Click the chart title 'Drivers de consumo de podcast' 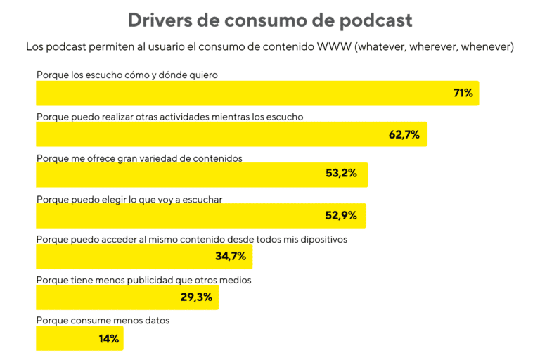270,20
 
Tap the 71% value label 463,93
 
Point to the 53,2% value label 345,174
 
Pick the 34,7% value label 230,256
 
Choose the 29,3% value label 196,297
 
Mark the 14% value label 109,338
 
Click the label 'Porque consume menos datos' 103,321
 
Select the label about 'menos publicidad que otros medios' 143,280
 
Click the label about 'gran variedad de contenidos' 139,158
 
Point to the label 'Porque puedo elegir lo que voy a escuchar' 129,199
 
